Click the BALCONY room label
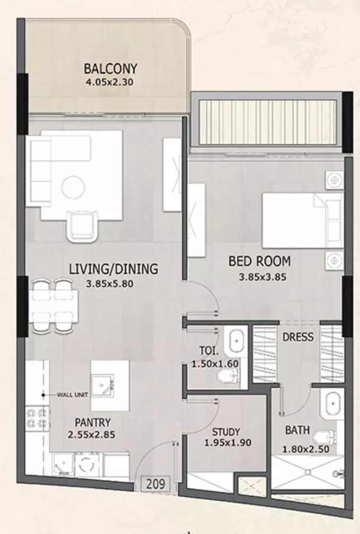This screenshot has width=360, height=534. [110, 68]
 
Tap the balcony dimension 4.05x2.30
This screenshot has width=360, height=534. [109, 82]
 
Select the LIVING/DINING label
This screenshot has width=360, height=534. [114, 269]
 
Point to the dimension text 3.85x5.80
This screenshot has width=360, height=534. [109, 283]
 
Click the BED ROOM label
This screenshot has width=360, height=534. [260, 261]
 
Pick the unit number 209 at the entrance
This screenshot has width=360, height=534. [156, 484]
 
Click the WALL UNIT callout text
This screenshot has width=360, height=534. [73, 395]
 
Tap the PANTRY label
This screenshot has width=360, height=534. [92, 423]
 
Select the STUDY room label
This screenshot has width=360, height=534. [226, 432]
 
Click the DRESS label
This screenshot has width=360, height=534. [298, 337]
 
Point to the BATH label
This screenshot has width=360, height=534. [297, 430]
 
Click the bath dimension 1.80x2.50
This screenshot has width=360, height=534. [306, 449]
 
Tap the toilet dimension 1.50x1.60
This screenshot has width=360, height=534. [215, 364]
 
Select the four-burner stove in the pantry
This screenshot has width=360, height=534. [37, 419]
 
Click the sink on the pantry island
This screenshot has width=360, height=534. [102, 385]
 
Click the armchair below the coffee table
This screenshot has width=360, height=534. [82, 226]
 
